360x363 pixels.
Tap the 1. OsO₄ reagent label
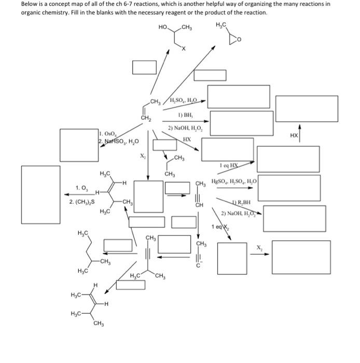tap(108, 134)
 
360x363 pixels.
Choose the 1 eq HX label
tap(229, 165)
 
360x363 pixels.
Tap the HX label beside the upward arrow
tap(294, 135)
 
